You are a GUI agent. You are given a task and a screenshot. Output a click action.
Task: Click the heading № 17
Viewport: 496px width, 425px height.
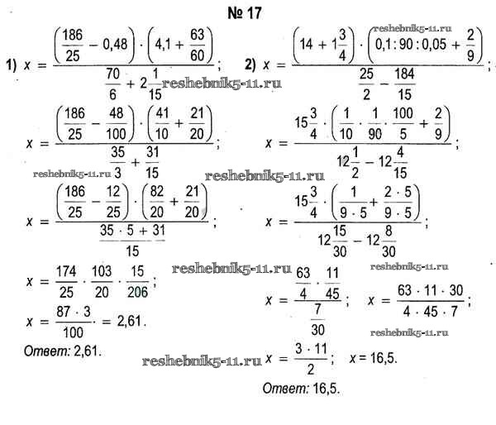pyautogui.click(x=247, y=11)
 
